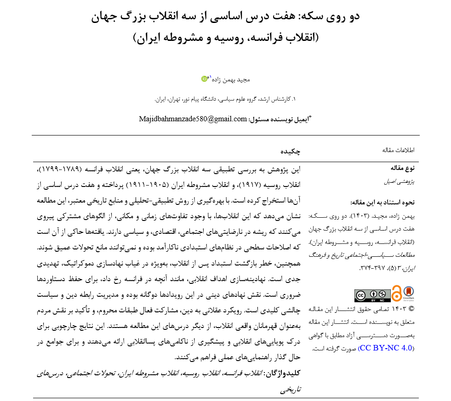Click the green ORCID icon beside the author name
click(205, 79)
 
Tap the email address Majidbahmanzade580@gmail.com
click(193, 119)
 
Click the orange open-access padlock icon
click(396, 293)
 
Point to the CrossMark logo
click(408, 293)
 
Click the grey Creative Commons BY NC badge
click(372, 295)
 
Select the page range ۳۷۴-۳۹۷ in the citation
click(366, 267)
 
